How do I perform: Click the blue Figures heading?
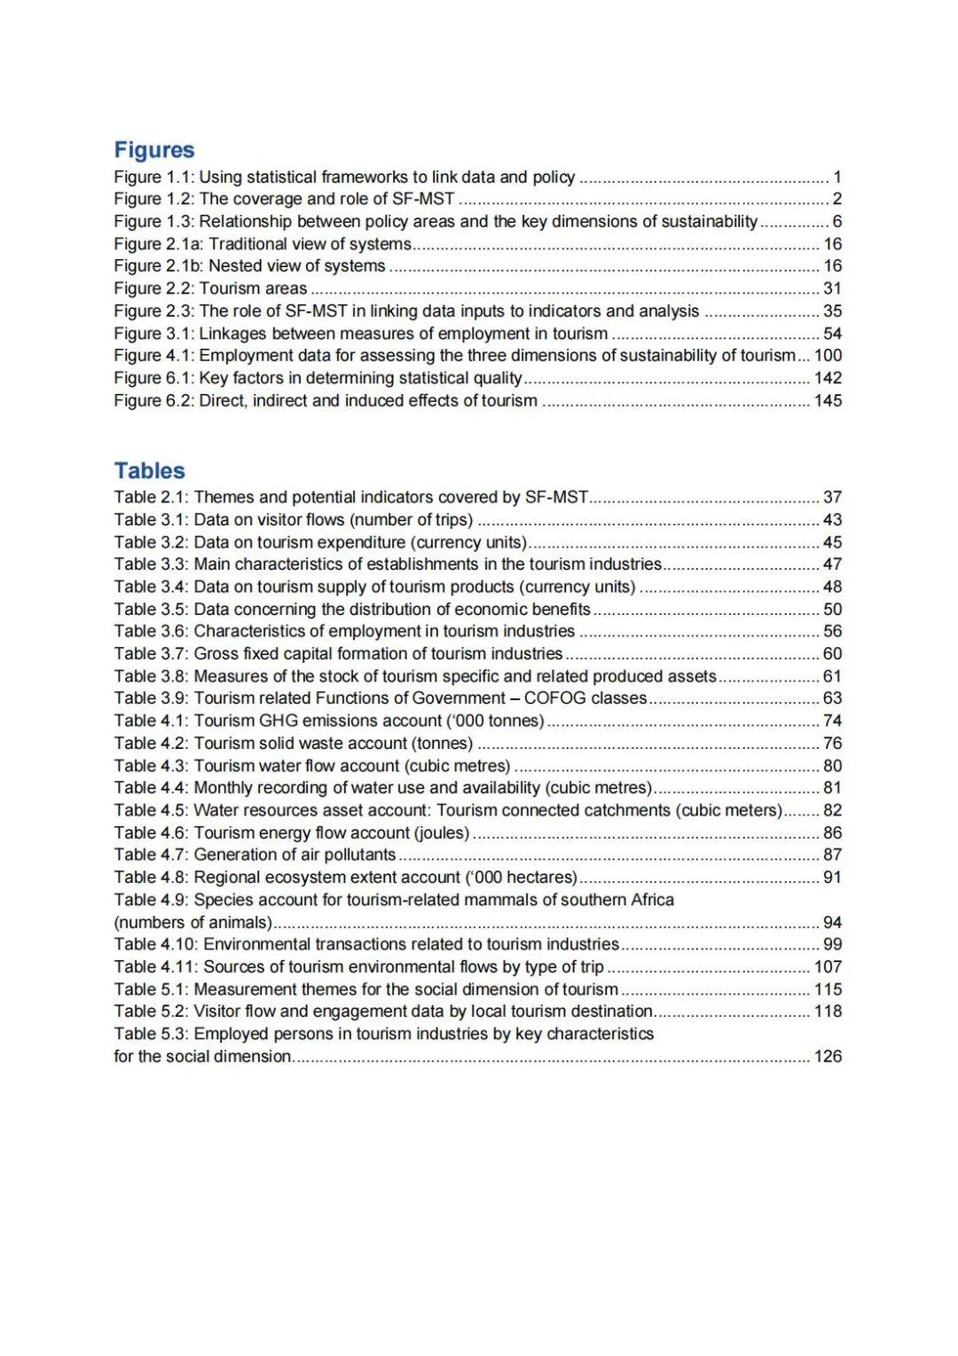tap(153, 150)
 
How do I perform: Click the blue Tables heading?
tap(149, 470)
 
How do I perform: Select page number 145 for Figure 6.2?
tap(828, 400)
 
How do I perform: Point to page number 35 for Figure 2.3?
tap(832, 311)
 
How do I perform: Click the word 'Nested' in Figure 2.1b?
tap(234, 265)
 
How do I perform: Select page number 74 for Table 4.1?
tap(832, 721)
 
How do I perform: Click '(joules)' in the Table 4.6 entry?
tap(442, 832)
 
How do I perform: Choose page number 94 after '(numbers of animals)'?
tap(832, 922)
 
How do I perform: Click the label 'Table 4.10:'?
tap(156, 944)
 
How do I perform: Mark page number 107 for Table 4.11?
tap(828, 966)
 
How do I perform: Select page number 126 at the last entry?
tap(828, 1056)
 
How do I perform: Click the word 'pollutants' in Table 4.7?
tap(359, 855)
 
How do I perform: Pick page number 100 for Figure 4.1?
tap(828, 355)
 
